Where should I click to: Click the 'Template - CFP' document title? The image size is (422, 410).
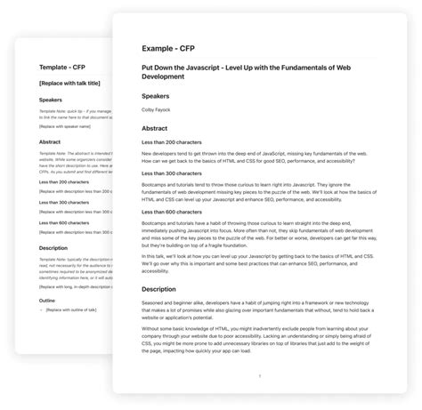tap(61, 68)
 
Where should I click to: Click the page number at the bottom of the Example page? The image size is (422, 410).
tap(260, 376)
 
